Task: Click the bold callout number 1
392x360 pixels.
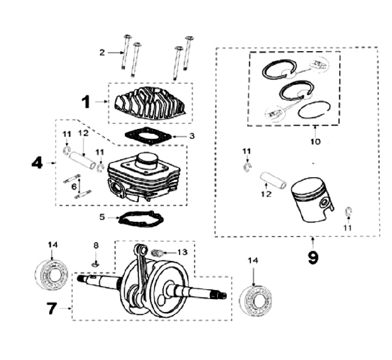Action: click(x=85, y=101)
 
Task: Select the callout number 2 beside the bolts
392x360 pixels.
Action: click(x=102, y=53)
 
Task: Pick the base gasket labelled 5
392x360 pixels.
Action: click(x=140, y=219)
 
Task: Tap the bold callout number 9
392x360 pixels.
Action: click(x=313, y=257)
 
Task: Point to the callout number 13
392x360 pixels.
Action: click(x=182, y=252)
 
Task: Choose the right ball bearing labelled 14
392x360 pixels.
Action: click(x=254, y=299)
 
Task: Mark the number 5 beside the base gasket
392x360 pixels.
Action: click(x=101, y=218)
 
